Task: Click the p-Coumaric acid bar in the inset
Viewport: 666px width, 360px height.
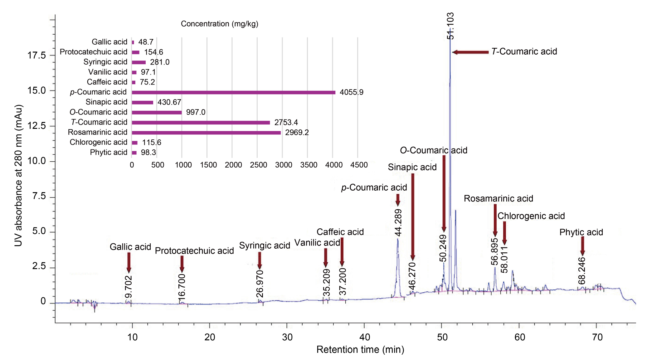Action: pos(233,92)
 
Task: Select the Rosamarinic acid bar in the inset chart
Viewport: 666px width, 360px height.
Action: pos(206,133)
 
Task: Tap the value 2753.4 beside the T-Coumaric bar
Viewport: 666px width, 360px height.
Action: pos(286,122)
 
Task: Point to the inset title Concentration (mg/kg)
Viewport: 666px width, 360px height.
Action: pos(220,24)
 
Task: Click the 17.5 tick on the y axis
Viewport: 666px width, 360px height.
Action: pos(36,56)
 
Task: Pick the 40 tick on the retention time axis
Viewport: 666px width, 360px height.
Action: pos(364,337)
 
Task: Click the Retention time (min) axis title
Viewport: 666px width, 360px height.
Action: pos(360,350)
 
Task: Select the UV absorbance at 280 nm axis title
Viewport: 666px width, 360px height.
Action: pos(18,175)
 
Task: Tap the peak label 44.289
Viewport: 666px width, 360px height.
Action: pos(398,222)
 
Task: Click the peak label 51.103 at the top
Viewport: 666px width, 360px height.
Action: pos(450,26)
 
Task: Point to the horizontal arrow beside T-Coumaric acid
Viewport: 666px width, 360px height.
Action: pos(470,52)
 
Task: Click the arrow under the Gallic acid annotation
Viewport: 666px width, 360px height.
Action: pos(129,262)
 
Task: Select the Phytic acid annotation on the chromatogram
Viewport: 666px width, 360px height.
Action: pos(581,232)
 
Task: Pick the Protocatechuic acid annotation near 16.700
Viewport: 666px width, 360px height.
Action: pos(194,251)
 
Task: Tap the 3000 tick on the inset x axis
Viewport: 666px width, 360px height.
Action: pos(283,165)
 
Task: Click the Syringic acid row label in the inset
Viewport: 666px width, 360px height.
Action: pos(105,62)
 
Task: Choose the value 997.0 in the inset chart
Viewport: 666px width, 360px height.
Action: pos(196,112)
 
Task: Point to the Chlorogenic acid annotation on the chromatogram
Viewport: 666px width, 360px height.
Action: pos(531,216)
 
